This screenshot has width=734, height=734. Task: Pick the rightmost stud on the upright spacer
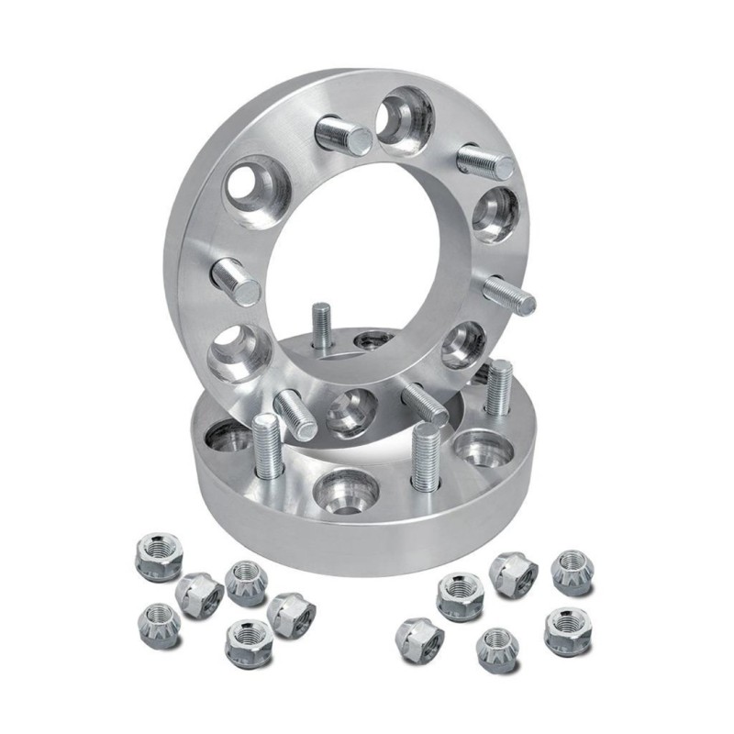click(507, 295)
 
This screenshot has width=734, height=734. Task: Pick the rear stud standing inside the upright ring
click(320, 326)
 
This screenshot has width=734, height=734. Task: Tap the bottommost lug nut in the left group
click(248, 639)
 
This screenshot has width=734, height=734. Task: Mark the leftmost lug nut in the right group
click(419, 636)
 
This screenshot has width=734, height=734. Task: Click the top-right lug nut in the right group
click(571, 572)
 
